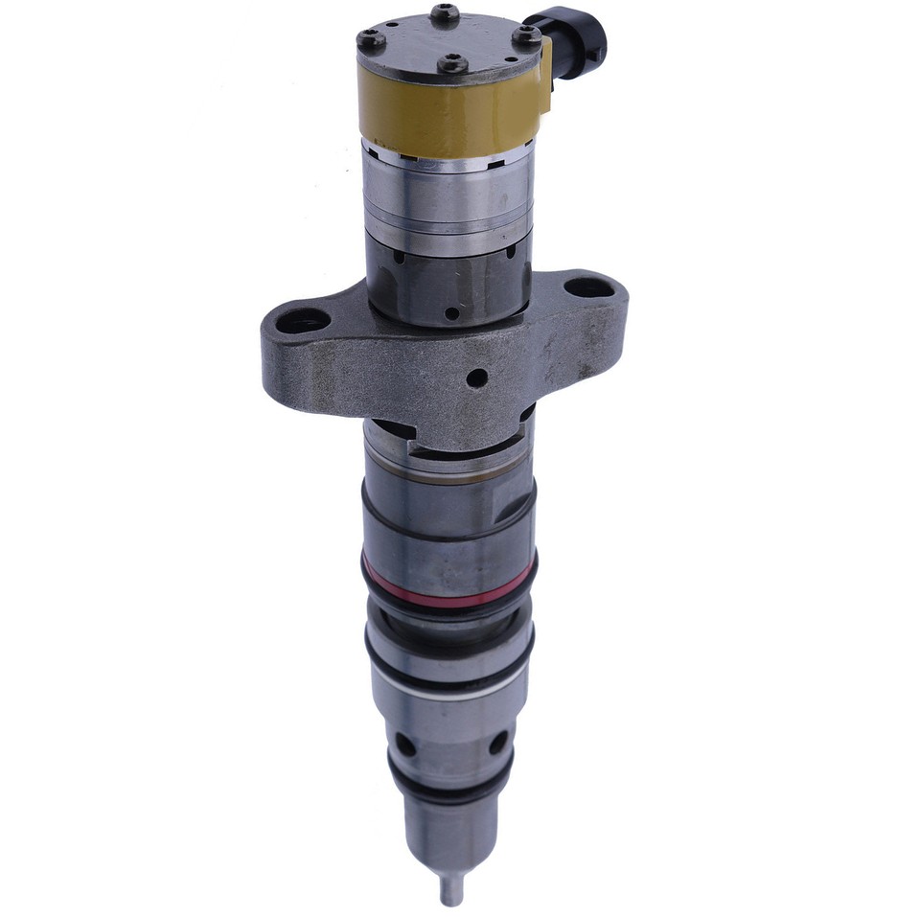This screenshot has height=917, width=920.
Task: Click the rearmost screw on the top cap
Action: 444,13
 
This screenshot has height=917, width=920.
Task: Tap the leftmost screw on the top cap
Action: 371,39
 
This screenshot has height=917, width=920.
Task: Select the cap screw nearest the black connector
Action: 526,36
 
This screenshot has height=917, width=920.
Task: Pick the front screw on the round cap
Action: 453,64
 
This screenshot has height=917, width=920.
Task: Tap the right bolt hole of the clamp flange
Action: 586,287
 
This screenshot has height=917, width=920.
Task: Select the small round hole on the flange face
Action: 476,378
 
